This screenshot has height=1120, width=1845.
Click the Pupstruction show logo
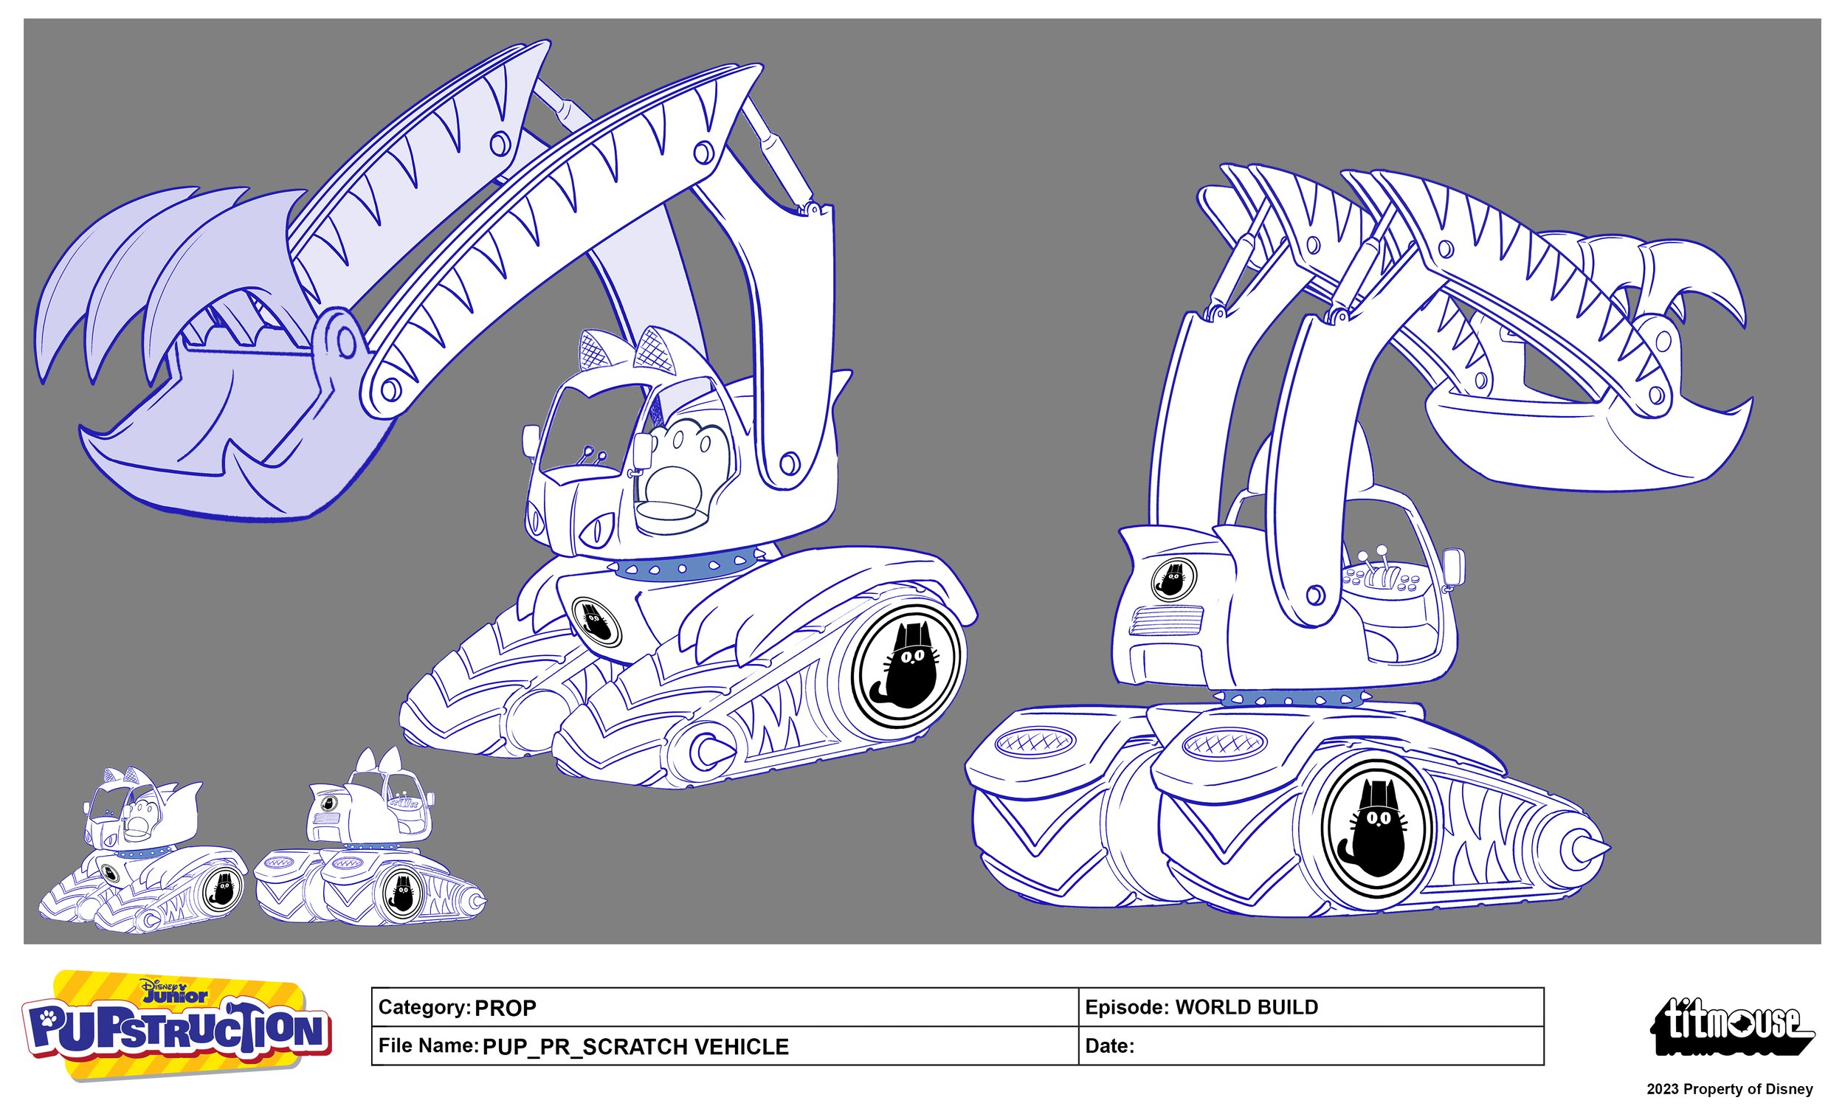(x=176, y=1026)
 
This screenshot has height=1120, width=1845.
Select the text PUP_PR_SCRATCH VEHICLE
(x=635, y=1047)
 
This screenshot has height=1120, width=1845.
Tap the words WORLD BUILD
(x=1246, y=1007)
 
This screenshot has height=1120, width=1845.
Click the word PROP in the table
(x=506, y=1009)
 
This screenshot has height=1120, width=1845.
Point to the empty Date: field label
(x=1109, y=1046)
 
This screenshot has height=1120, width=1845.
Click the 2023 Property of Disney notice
(x=1729, y=1089)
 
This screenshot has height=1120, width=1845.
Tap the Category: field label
(x=424, y=1007)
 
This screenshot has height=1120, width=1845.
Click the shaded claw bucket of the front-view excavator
(x=224, y=419)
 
